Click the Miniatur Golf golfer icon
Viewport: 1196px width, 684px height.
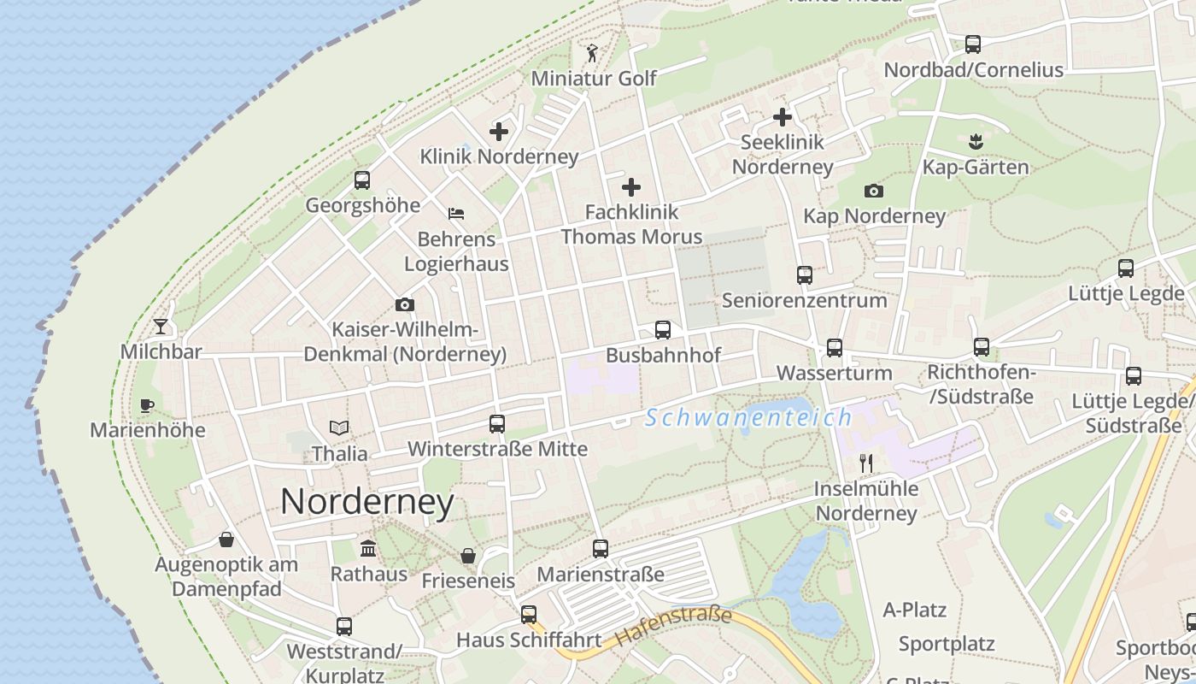tap(592, 53)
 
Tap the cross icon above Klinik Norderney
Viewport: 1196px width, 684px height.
tap(499, 132)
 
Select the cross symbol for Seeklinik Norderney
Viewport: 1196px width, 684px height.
tap(783, 117)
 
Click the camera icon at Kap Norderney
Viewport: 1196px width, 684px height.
tap(873, 191)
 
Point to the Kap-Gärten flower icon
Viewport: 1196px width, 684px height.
tap(975, 141)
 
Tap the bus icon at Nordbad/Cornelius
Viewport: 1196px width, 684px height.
tap(972, 44)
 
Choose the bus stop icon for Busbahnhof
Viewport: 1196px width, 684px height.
tap(662, 329)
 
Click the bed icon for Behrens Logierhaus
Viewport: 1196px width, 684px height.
tap(456, 213)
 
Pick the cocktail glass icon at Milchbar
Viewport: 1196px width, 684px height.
tap(161, 326)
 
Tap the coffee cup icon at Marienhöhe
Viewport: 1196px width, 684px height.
tap(146, 404)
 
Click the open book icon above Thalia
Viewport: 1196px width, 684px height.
tap(339, 427)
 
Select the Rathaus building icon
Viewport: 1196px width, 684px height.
tap(368, 548)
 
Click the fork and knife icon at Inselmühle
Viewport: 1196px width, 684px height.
tap(866, 463)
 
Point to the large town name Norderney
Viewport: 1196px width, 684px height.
tap(367, 501)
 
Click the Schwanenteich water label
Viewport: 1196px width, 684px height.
tap(748, 417)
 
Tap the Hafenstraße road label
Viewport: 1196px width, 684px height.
tap(674, 626)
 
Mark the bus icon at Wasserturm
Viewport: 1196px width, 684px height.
tap(834, 348)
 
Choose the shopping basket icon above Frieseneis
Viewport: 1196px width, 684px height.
tap(468, 556)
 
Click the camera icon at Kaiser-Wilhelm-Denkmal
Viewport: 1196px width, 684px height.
tap(405, 304)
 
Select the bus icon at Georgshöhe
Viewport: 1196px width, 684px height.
tap(362, 180)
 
